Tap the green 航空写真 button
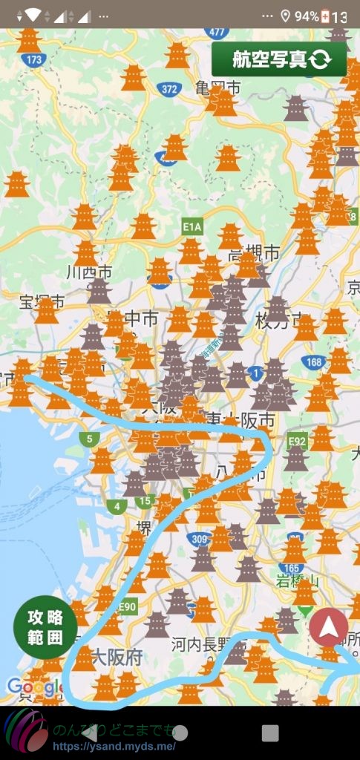pyautogui.click(x=279, y=59)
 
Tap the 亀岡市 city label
pyautogui.click(x=218, y=88)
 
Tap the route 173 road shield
pyautogui.click(x=33, y=59)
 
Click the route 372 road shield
pyautogui.click(x=169, y=89)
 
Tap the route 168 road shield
pyautogui.click(x=312, y=362)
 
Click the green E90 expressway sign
pyautogui.click(x=127, y=607)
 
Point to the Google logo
pyautogui.click(x=33, y=688)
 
